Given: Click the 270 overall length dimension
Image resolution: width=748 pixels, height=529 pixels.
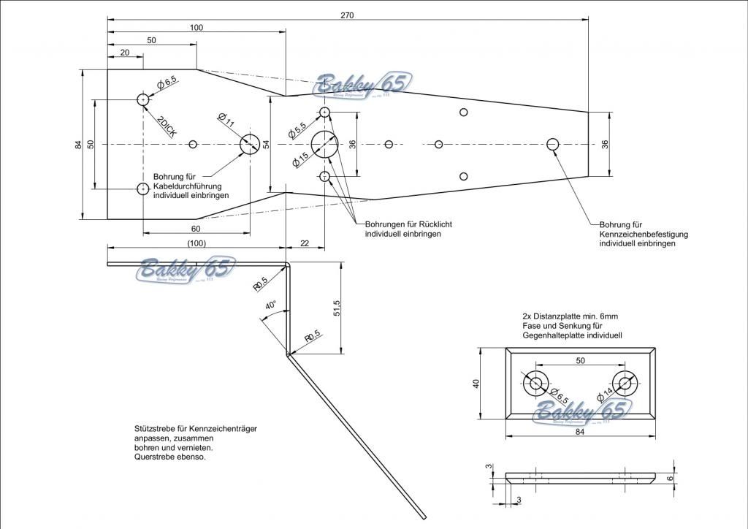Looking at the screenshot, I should point(347,15).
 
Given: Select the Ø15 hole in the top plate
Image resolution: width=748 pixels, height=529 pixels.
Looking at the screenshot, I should point(325,144).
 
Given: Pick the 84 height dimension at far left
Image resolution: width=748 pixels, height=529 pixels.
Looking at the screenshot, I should point(78,145).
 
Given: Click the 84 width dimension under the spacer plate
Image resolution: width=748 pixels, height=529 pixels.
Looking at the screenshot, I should point(580,432).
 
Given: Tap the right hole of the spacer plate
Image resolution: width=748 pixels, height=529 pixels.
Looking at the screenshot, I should point(625,382).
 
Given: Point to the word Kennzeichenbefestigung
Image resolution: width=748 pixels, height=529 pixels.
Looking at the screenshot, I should point(644,234).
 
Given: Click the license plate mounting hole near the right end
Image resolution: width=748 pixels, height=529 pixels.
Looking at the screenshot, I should point(552,144).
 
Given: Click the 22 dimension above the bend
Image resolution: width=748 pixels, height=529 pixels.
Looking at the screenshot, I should point(305,243).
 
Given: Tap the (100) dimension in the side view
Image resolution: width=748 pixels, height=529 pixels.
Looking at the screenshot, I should point(196,243).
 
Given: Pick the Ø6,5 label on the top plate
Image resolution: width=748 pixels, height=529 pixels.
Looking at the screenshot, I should point(167,82).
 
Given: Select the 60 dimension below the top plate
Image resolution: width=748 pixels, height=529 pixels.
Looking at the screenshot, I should point(196,229).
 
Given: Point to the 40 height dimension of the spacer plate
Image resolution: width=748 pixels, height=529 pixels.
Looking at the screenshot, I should point(476,383).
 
